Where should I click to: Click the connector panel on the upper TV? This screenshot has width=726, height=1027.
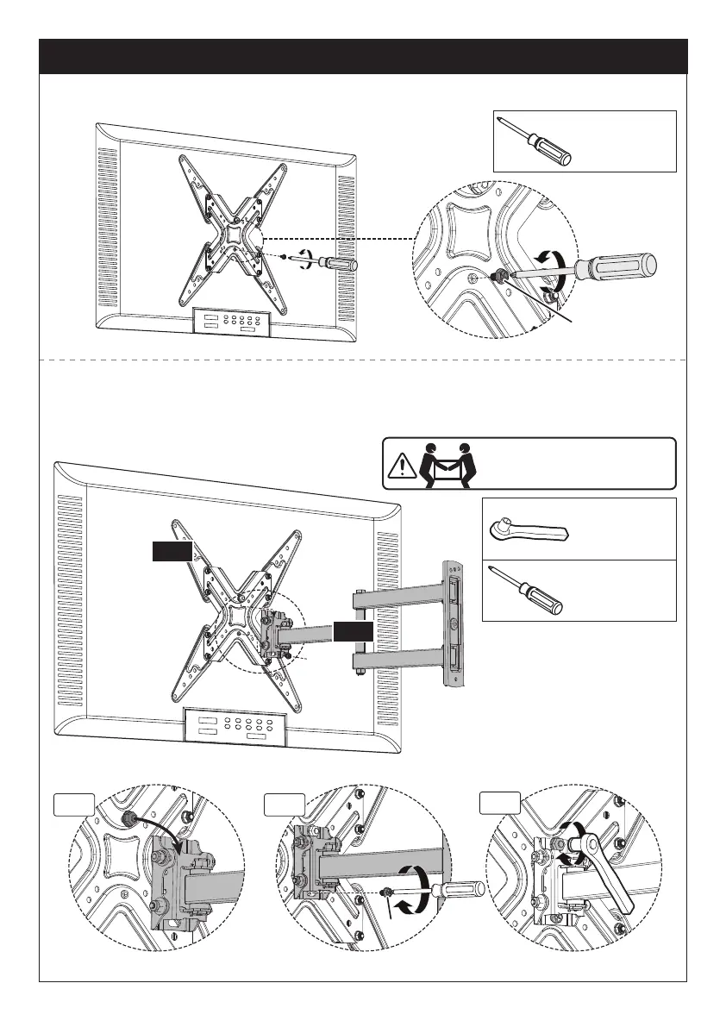230,323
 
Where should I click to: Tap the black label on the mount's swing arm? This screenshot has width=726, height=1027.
354,631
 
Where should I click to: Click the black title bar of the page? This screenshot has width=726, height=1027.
363,56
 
